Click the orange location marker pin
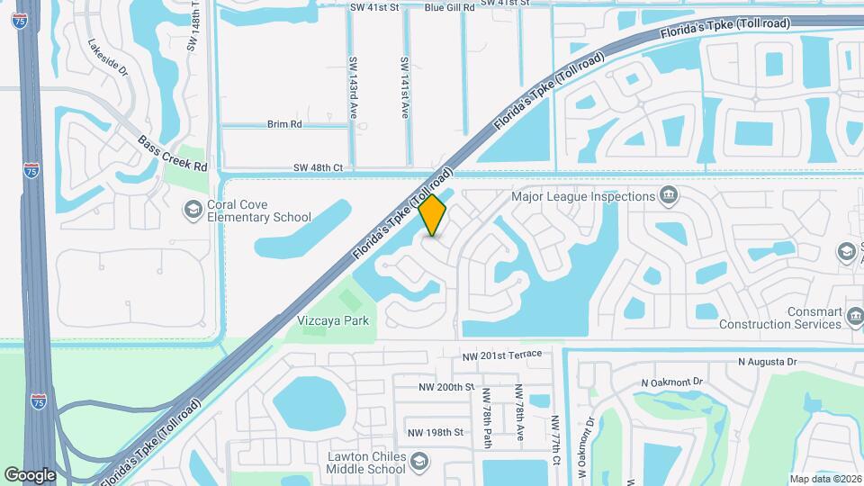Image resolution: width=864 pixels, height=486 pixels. pyautogui.click(x=433, y=215)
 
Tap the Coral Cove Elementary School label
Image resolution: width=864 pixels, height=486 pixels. pyautogui.click(x=259, y=211)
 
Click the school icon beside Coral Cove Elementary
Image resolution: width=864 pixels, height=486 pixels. pyautogui.click(x=193, y=210)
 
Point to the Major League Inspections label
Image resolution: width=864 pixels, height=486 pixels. pyautogui.click(x=581, y=196)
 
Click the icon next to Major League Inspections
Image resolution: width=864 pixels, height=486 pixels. pyautogui.click(x=668, y=195)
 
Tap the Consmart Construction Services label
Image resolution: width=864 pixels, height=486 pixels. pyautogui.click(x=779, y=317)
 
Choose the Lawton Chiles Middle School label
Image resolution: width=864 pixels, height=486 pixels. pyautogui.click(x=366, y=462)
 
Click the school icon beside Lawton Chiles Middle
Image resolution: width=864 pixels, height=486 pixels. pyautogui.click(x=419, y=463)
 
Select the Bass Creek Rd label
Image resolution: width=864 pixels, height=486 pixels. pyautogui.click(x=173, y=154)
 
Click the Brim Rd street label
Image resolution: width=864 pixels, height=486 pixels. pyautogui.click(x=283, y=124)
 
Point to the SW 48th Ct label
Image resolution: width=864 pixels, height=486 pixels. pyautogui.click(x=318, y=167)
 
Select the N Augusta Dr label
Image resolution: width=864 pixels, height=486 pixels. pyautogui.click(x=767, y=362)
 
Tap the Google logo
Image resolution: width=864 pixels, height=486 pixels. pyautogui.click(x=30, y=475)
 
